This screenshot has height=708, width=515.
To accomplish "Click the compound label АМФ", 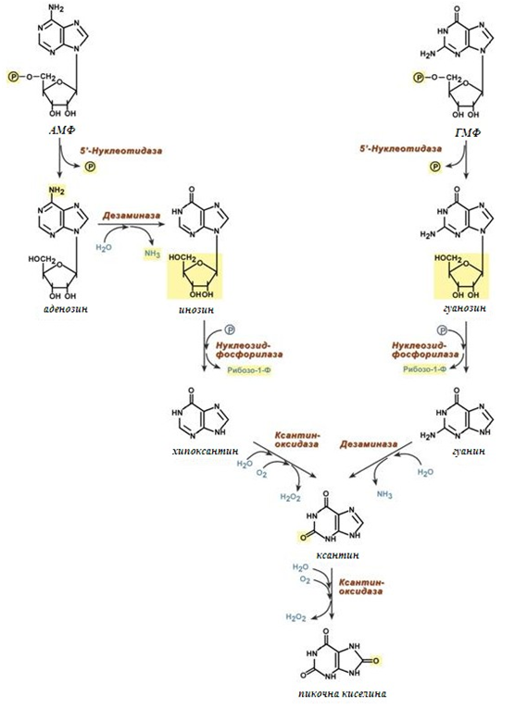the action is [x=61, y=130].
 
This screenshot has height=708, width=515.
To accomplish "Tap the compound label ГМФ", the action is [x=466, y=132].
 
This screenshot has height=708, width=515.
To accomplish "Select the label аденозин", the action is [x=66, y=309].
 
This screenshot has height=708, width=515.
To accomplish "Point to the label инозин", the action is [x=195, y=310].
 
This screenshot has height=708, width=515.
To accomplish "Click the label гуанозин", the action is [x=463, y=308].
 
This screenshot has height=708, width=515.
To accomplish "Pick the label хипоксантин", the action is [x=205, y=451].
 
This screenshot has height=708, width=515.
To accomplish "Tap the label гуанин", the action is [x=468, y=451].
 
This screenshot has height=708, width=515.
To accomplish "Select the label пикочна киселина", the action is [x=343, y=693].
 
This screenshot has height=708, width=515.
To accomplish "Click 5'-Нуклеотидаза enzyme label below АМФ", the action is [x=120, y=151].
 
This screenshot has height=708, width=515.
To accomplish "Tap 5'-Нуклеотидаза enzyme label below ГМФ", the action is [x=401, y=149].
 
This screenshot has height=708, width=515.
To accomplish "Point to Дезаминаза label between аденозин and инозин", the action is [x=131, y=216].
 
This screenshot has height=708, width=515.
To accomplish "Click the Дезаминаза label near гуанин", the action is [x=369, y=444].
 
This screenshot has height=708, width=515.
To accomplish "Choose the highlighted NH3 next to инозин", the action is [x=152, y=254].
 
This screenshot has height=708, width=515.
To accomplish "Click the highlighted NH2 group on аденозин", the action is [x=57, y=191].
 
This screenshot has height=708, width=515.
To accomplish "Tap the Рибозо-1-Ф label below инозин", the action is [x=249, y=370].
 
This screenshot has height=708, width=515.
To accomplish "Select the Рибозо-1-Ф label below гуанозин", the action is [x=424, y=369].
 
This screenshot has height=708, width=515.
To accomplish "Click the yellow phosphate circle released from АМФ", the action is [x=91, y=168].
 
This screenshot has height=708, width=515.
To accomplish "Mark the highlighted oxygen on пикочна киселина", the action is [x=376, y=661].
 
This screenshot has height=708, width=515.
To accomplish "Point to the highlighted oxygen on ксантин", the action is [x=303, y=537].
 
